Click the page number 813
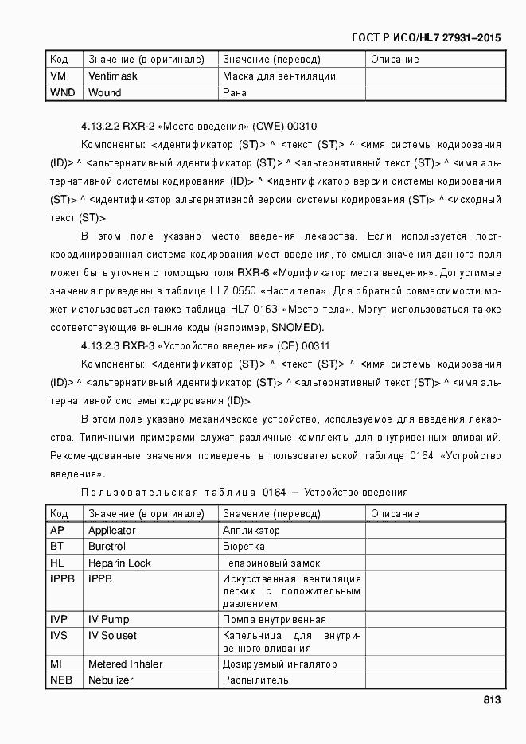pyautogui.click(x=491, y=700)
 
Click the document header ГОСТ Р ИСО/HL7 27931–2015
pyautogui.click(x=427, y=37)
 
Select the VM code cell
pyautogui.click(x=58, y=76)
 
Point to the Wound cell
pyautogui.click(x=105, y=92)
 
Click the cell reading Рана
pyautogui.click(x=235, y=92)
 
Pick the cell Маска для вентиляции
pyautogui.click(x=279, y=76)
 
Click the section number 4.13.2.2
pyautogui.click(x=107, y=127)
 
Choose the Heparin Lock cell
pyautogui.click(x=119, y=563)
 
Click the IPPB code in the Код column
pyautogui.click(x=62, y=578)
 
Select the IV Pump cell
pyautogui.click(x=108, y=619)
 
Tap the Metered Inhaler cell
pyautogui.click(x=125, y=664)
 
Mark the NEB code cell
pyautogui.click(x=61, y=680)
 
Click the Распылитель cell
pyautogui.click(x=255, y=680)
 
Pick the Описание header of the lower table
pyautogui.click(x=395, y=513)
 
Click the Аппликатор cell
pyautogui.click(x=251, y=530)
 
